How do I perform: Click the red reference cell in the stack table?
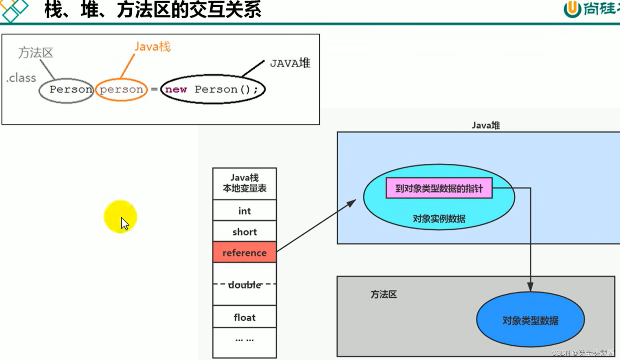click(244, 252)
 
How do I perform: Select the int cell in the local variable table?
click(244, 211)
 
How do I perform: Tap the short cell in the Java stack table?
click(244, 231)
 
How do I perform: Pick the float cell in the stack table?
click(244, 317)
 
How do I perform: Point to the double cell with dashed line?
click(244, 285)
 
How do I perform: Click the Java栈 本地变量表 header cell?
click(244, 183)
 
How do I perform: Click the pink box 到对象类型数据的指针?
click(439, 188)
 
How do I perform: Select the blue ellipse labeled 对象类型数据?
click(530, 320)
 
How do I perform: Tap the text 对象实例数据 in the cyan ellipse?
click(439, 219)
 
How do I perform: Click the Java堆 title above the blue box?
click(485, 125)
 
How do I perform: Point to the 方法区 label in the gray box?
click(383, 294)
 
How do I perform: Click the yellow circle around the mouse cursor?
click(120, 216)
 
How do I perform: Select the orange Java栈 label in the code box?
click(152, 47)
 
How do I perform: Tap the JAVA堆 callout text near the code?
click(290, 63)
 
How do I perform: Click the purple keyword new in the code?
click(176, 89)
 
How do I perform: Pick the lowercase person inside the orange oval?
click(121, 89)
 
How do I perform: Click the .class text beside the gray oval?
click(21, 78)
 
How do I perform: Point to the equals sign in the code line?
click(154, 89)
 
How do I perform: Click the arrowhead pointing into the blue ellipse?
click(530, 287)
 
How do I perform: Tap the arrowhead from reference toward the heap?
click(352, 203)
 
